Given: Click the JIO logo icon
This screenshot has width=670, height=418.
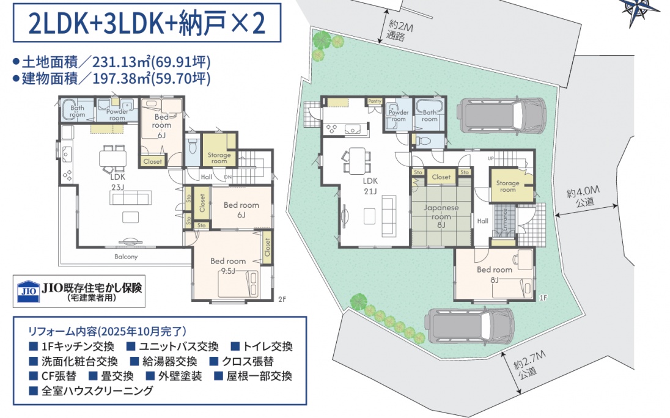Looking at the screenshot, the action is tap(28, 291).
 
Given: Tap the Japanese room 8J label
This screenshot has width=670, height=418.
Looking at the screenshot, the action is tap(441, 216).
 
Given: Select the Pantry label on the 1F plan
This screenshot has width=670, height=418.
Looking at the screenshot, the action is tap(375, 101).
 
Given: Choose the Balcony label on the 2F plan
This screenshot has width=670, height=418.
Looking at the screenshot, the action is tap(126, 257).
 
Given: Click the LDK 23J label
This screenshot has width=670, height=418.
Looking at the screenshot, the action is tap(117, 181).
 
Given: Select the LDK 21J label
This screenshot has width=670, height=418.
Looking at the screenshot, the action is tap(370, 186).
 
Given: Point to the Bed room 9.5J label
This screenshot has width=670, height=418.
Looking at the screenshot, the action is tap(228, 265).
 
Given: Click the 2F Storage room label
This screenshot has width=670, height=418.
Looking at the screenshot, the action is tap(219, 158).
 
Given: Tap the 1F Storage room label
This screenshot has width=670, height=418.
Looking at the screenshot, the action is tap(507, 186).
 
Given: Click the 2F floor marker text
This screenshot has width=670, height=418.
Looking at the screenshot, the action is tap(282, 299).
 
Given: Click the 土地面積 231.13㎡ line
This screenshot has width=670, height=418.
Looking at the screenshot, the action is tap(112, 62).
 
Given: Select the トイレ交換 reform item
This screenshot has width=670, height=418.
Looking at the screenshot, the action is tap(262, 346).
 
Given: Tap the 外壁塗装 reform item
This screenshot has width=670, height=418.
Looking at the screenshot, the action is tap(174, 376).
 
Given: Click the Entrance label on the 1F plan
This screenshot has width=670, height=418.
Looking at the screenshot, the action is tap(504, 220).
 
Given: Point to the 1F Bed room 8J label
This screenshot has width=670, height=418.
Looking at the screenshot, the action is tap(495, 274).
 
